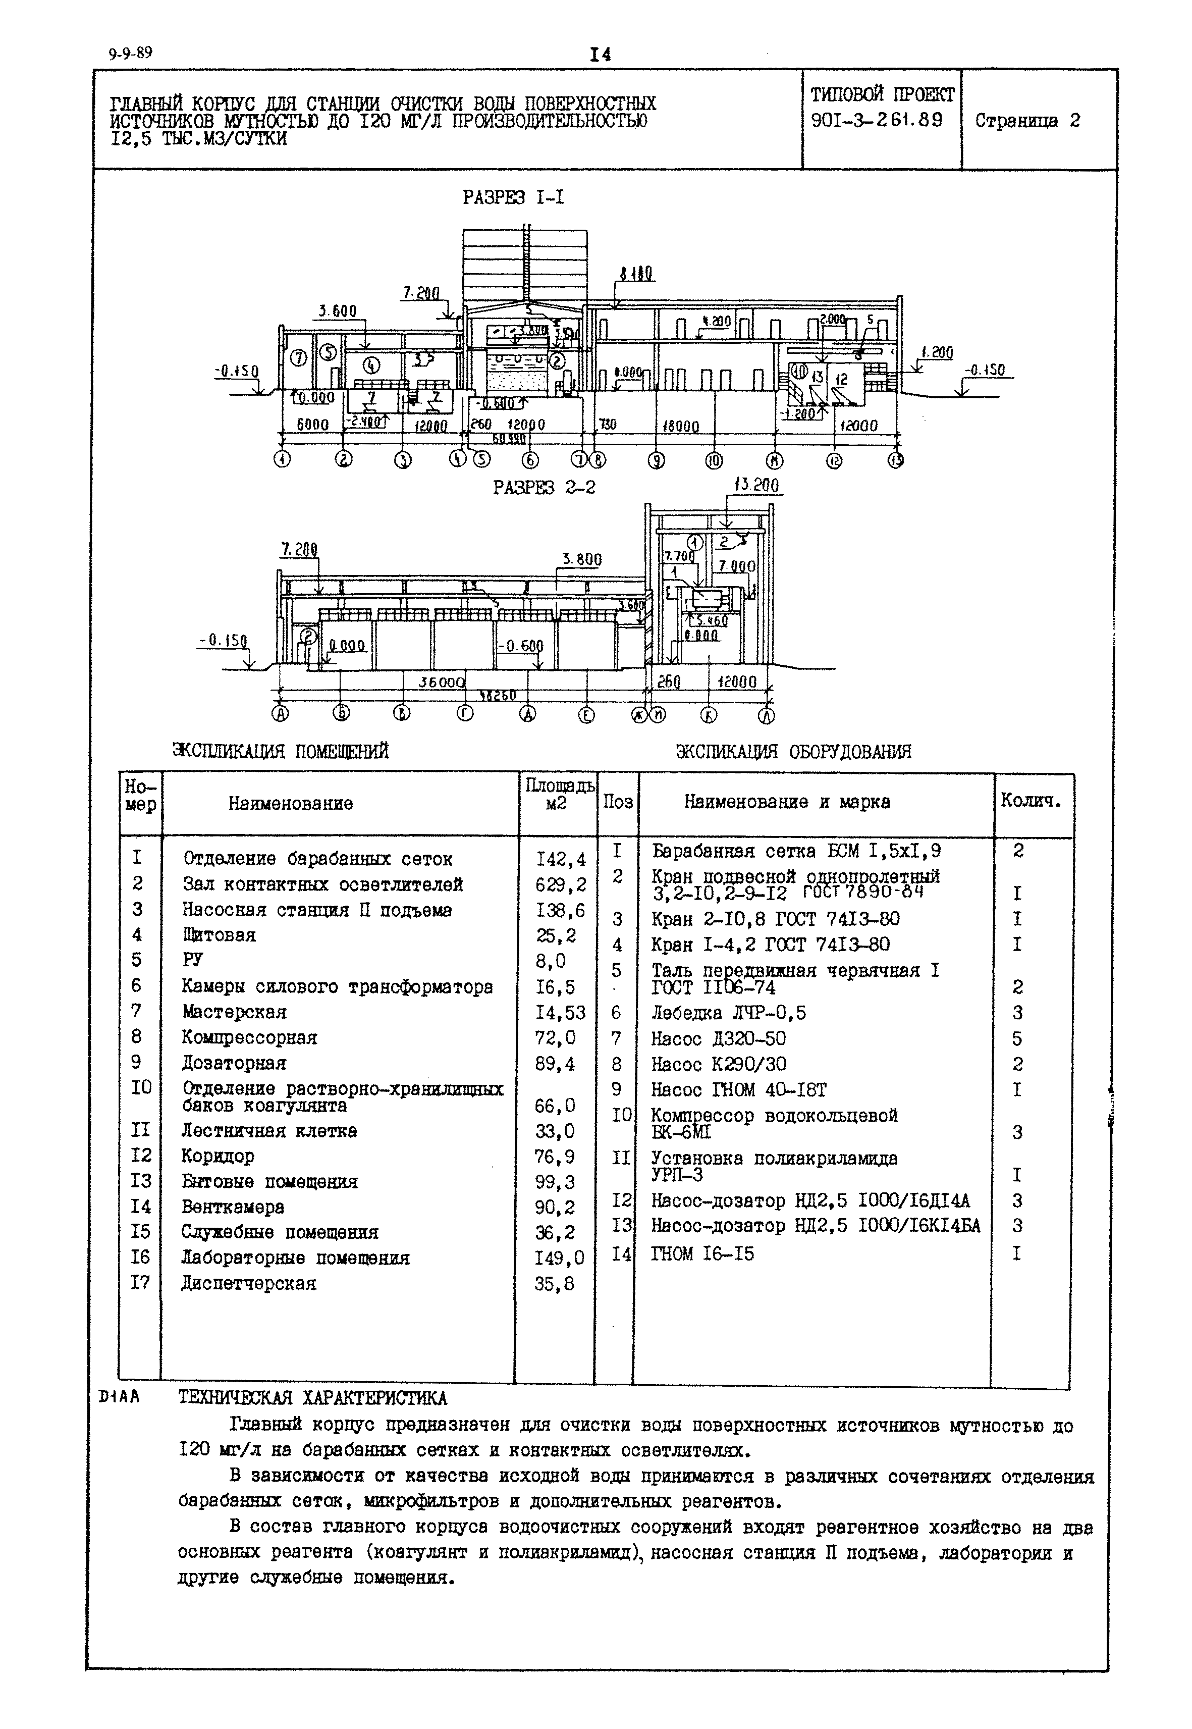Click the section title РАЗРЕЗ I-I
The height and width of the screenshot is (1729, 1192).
click(513, 197)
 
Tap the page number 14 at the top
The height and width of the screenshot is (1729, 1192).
click(600, 55)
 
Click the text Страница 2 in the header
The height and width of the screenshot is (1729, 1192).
click(1027, 121)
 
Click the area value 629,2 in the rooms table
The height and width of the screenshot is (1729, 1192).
click(560, 885)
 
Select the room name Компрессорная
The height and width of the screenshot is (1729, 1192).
click(249, 1038)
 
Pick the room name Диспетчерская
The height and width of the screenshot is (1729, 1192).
click(249, 1284)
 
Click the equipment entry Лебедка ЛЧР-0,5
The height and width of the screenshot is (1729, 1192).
click(728, 1013)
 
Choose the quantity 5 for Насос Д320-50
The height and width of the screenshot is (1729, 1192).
click(1017, 1039)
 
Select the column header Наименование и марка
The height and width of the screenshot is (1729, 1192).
click(787, 803)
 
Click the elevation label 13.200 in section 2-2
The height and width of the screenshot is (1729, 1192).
click(756, 486)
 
